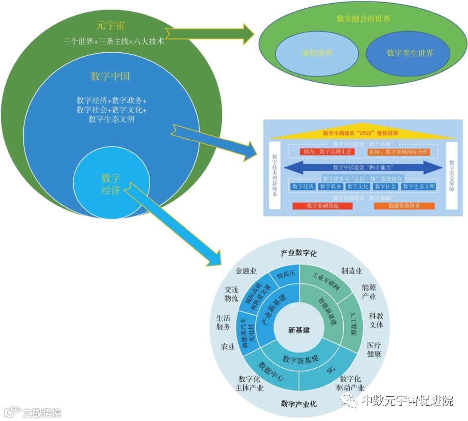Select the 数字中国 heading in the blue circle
(x=110, y=76)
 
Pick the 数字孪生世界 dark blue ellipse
(x=410, y=53)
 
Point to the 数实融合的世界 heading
(x=363, y=19)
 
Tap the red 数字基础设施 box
(x=322, y=206)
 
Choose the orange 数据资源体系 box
(x=404, y=206)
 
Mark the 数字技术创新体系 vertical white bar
(x=274, y=174)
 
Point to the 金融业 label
(x=246, y=271)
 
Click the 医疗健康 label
(x=374, y=350)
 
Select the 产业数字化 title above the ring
(x=299, y=253)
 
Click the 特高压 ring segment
(x=286, y=273)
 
